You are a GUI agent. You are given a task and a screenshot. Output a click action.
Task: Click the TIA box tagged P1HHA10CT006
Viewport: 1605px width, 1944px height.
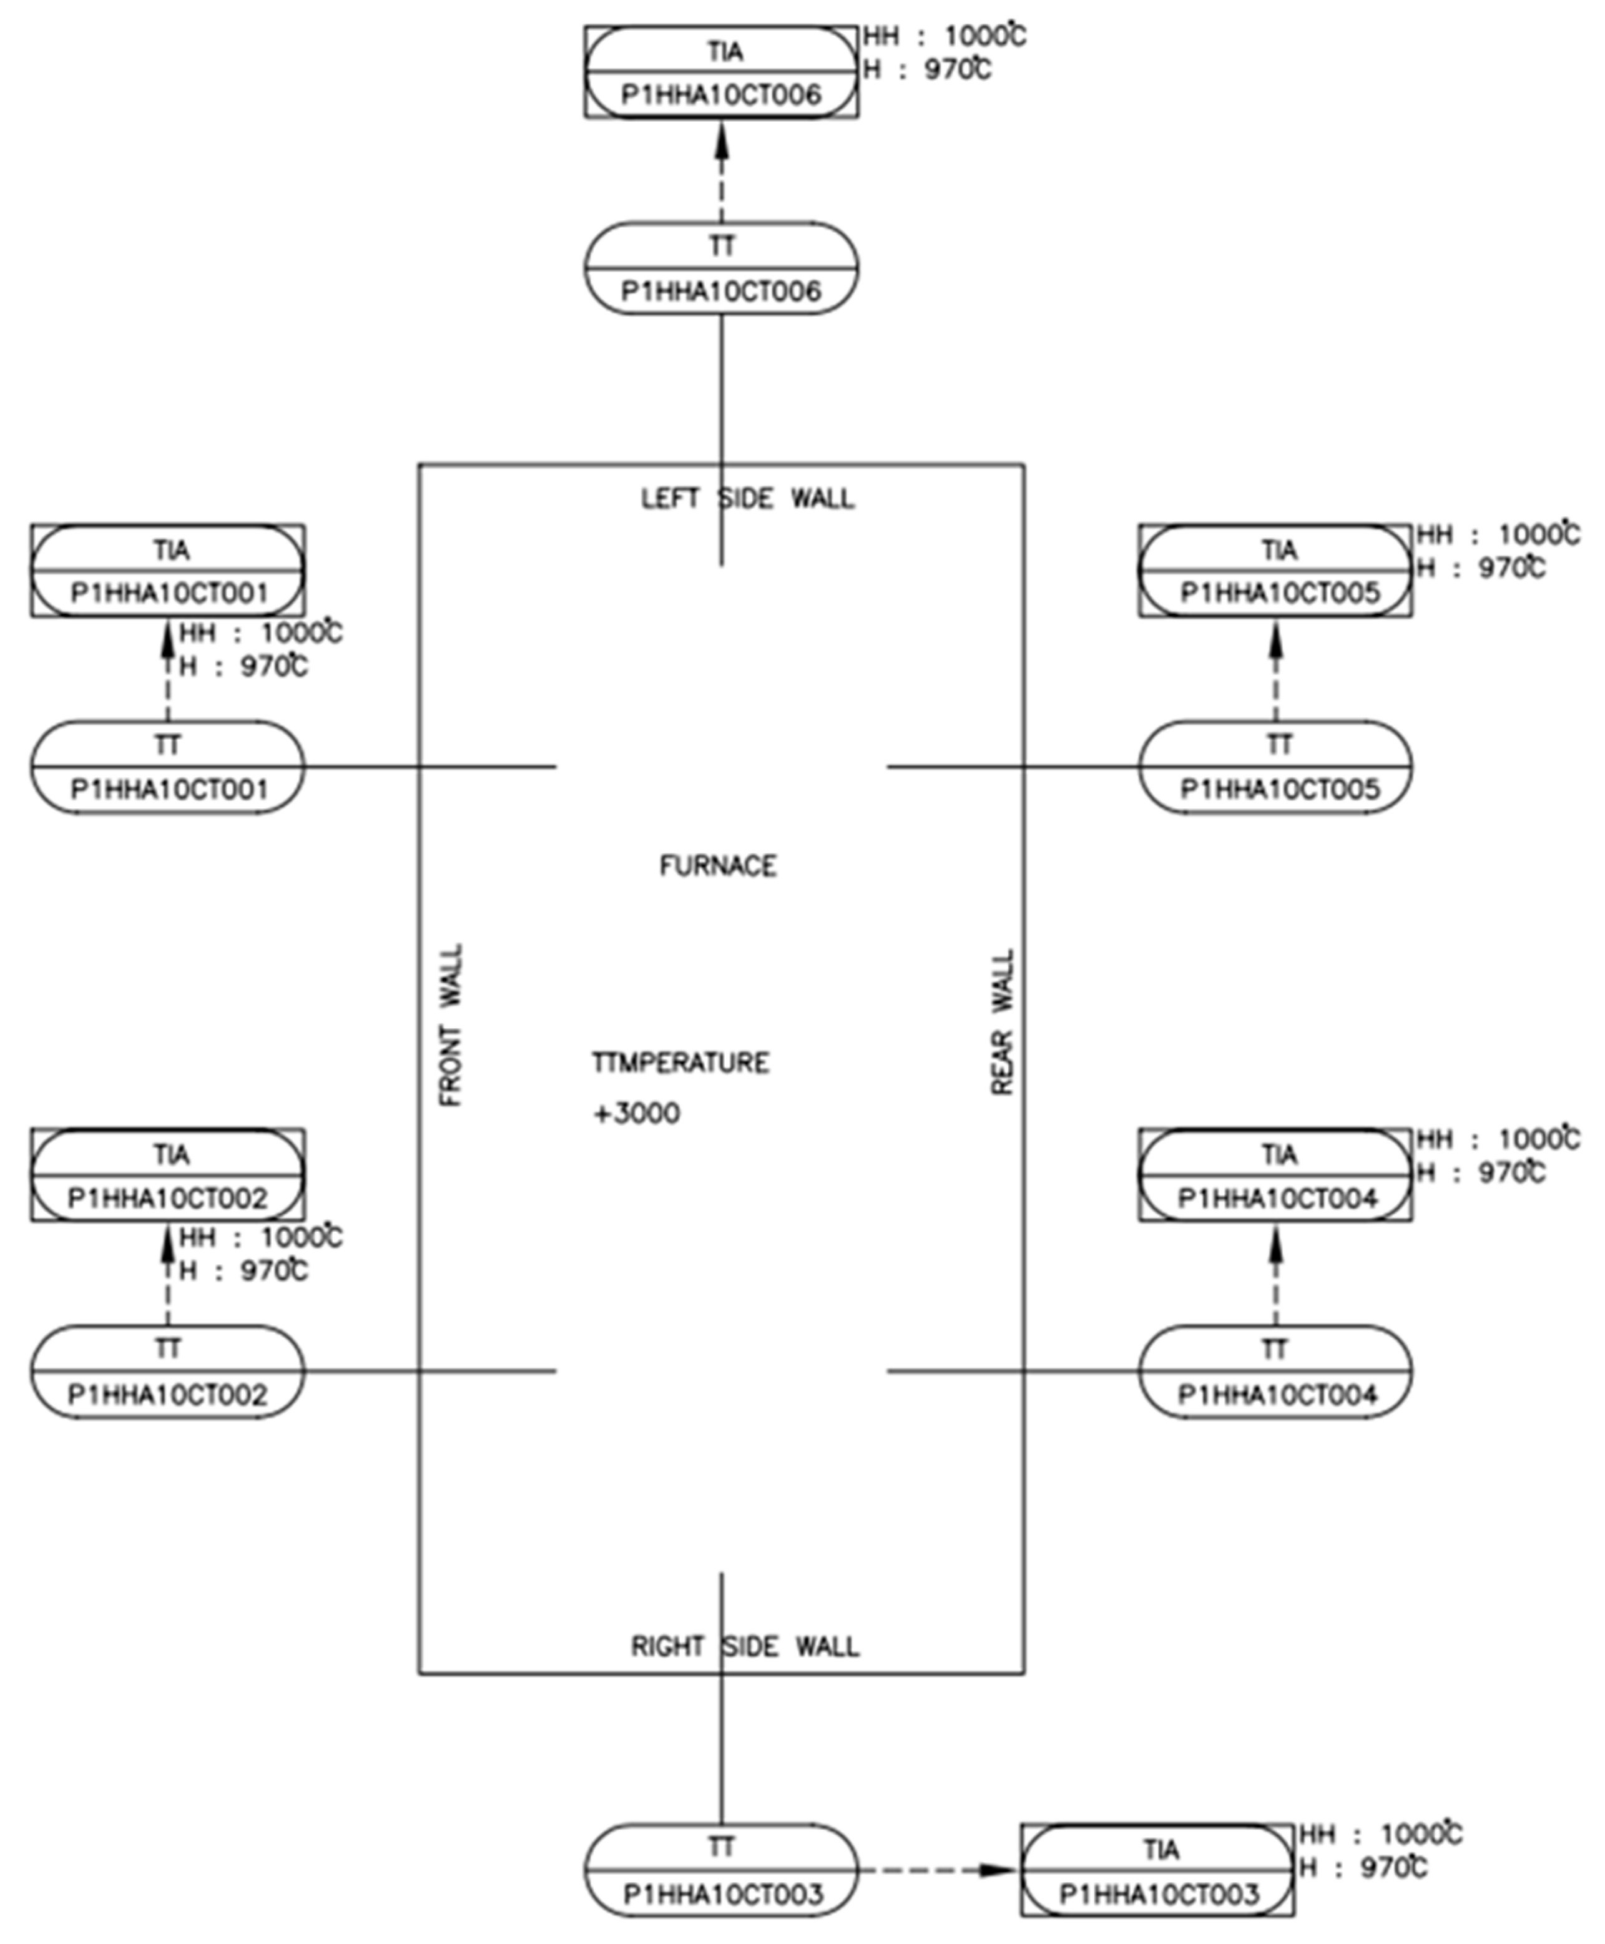pyautogui.click(x=721, y=72)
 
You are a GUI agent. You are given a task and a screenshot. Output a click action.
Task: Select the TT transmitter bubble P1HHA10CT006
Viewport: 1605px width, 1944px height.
pyautogui.click(x=721, y=268)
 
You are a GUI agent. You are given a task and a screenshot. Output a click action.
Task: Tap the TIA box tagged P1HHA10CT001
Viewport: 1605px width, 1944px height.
pyautogui.click(x=169, y=571)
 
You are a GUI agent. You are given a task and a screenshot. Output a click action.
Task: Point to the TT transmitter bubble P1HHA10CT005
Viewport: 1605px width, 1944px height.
pyautogui.click(x=1276, y=767)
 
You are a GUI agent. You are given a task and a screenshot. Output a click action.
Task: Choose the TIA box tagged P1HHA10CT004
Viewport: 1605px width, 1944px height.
pyautogui.click(x=1276, y=1176)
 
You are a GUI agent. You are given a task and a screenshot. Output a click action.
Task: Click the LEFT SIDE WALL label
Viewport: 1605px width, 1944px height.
pyautogui.click(x=748, y=499)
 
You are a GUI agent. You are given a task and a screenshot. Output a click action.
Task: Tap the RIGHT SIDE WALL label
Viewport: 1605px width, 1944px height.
pyautogui.click(x=745, y=1647)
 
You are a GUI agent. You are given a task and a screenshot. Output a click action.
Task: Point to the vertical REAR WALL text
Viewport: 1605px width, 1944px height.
pyautogui.click(x=1003, y=1023)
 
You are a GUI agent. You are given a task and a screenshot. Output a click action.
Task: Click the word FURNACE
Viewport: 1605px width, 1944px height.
pyautogui.click(x=719, y=866)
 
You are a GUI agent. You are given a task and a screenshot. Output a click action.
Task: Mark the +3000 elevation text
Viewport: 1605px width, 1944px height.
pyautogui.click(x=636, y=1113)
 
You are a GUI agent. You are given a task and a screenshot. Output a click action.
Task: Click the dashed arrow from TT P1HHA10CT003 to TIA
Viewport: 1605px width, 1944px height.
pyautogui.click(x=938, y=1871)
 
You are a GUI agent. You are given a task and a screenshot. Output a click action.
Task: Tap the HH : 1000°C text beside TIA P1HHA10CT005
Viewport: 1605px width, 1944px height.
pyautogui.click(x=1498, y=535)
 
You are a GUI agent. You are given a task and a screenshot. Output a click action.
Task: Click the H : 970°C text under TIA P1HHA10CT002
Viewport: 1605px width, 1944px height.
pyautogui.click(x=243, y=1272)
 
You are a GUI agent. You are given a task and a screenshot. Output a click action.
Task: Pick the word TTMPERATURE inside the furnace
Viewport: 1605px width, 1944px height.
pyautogui.click(x=680, y=1063)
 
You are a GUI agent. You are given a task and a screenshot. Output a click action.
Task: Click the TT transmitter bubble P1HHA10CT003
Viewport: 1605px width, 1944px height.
pyautogui.click(x=721, y=1871)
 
